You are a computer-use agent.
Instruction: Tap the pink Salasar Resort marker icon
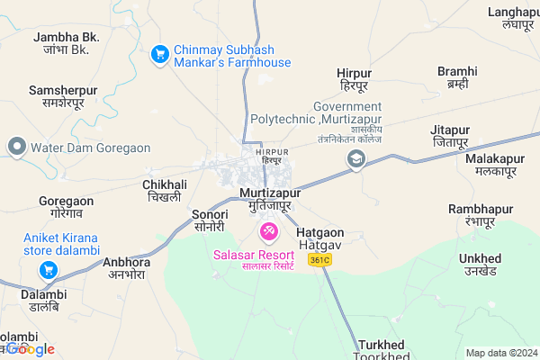(268, 232)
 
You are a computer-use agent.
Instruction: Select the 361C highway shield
(319, 260)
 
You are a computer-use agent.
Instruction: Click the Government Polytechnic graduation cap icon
(357, 160)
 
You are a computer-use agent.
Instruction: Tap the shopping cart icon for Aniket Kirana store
(49, 269)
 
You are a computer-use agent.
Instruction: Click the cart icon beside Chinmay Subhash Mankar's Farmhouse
(160, 54)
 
